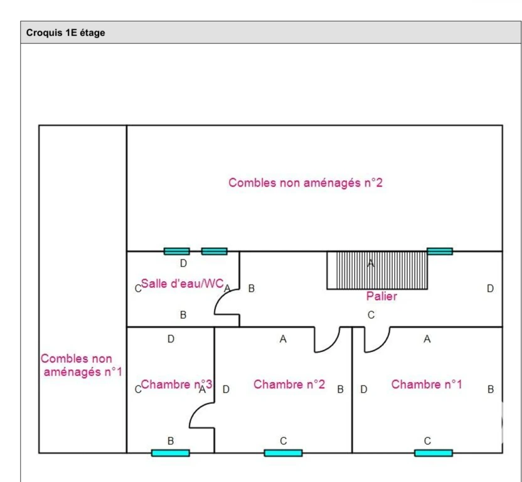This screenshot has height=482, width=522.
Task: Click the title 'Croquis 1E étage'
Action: [x=66, y=33]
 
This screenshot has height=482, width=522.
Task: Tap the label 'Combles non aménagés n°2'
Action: [x=306, y=183]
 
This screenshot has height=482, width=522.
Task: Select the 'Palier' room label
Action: [x=381, y=296]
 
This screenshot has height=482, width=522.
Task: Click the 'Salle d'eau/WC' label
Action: [x=182, y=284]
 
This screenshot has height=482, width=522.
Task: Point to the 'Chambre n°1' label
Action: [x=427, y=384]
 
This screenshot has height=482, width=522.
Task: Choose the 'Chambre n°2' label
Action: [x=289, y=384]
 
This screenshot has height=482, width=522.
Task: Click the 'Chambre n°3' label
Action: [x=176, y=384]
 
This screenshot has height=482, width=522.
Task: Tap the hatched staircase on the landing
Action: [x=377, y=270]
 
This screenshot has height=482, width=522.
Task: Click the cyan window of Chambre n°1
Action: [x=434, y=453]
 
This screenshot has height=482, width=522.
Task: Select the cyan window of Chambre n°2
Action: [x=284, y=453]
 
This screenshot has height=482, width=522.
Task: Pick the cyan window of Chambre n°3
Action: [x=171, y=453]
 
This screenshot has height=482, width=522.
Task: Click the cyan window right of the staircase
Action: [x=440, y=251]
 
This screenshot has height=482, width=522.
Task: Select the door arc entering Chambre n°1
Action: [x=382, y=345]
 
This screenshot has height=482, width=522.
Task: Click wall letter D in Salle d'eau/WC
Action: [x=183, y=264]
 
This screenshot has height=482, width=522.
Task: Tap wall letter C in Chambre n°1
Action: [x=427, y=441]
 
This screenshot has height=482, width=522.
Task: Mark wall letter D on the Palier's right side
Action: [x=490, y=289]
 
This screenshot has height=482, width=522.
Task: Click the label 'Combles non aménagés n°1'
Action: [x=81, y=365]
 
